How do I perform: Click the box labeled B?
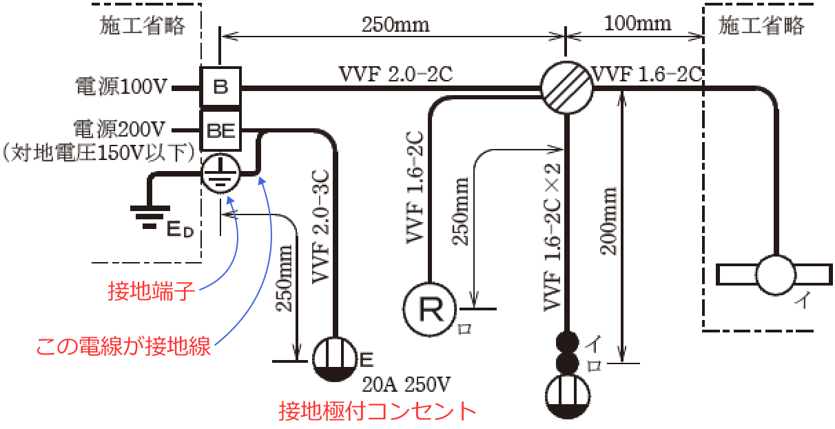[x=220, y=88]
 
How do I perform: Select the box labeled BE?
[x=220, y=129]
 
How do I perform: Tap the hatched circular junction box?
[x=566, y=88]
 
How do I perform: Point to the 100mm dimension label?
[x=637, y=23]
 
